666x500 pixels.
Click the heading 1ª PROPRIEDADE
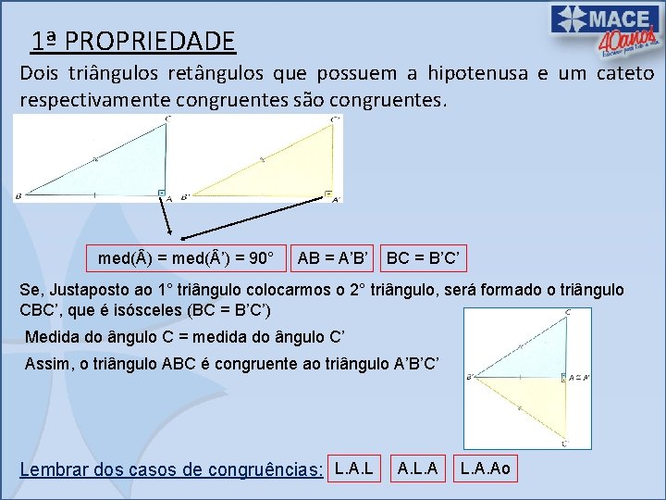(132, 41)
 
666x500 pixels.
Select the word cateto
(626, 73)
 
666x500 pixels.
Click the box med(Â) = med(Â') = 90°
(184, 256)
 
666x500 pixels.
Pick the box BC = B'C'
(425, 256)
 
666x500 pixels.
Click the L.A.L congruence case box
(354, 469)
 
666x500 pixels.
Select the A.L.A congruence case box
(418, 469)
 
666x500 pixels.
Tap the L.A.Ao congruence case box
(485, 469)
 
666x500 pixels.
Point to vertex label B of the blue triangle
(18, 196)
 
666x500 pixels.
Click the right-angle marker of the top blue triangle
(161, 193)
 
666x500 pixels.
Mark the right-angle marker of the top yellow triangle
(328, 193)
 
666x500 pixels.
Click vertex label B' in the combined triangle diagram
(471, 377)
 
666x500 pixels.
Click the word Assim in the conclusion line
(48, 362)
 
